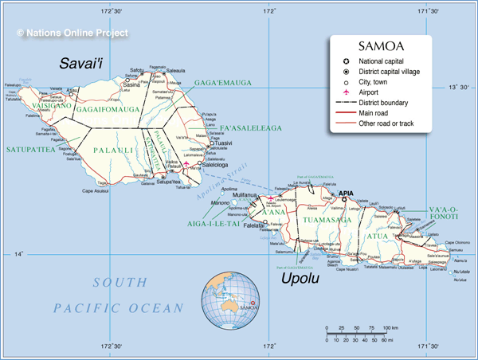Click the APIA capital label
pos(345,194)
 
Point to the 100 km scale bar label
pos(390,327)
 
